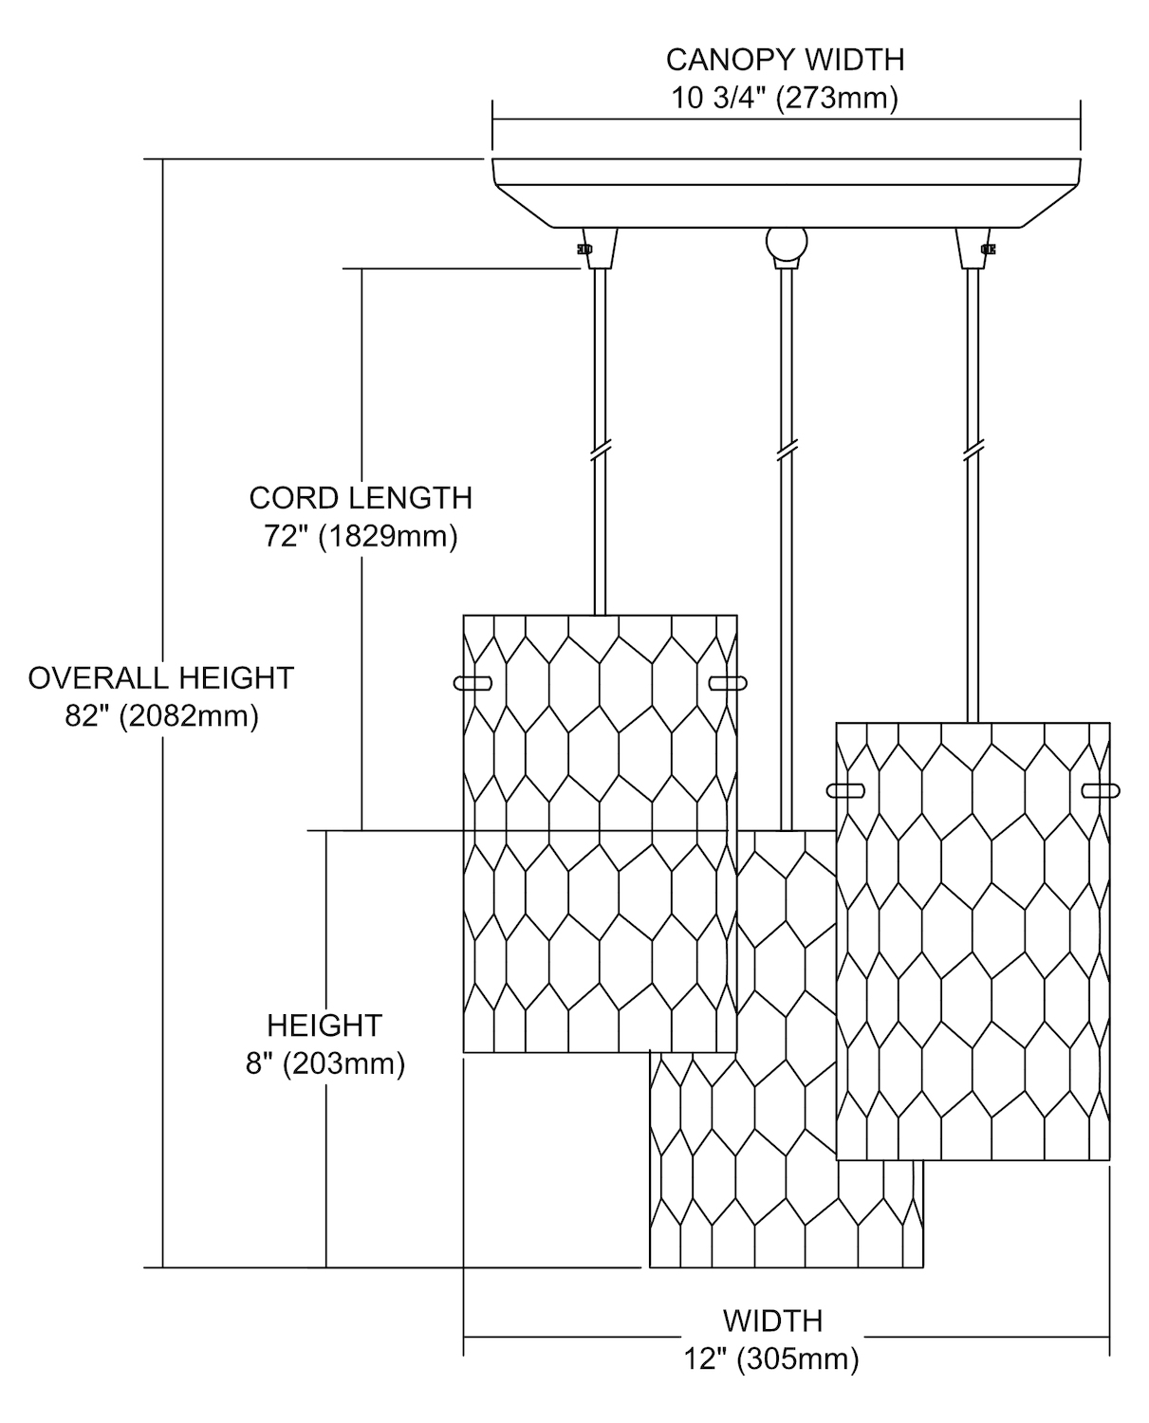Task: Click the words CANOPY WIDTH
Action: coord(785,60)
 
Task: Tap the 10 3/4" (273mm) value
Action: coord(785,99)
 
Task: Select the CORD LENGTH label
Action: coord(361,498)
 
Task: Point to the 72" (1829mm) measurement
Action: coord(361,536)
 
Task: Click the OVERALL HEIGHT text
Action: coord(161,678)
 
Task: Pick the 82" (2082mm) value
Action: coord(161,716)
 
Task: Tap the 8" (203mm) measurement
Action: coord(325,1063)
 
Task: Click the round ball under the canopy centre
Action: coord(787,243)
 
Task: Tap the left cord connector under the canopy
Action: coord(599,249)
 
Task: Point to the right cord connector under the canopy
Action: coord(974,249)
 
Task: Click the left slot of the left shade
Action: coord(473,683)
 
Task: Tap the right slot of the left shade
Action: coord(728,683)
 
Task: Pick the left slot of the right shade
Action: coord(845,790)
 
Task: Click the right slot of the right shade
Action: coord(1101,790)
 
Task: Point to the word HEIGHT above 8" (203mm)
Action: coord(324,1026)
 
